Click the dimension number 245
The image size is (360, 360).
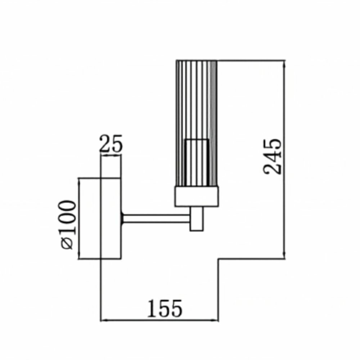[x=272, y=156]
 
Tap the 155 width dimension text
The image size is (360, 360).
[x=165, y=309]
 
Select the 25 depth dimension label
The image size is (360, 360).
[x=111, y=144]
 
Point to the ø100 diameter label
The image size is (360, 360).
[x=67, y=225]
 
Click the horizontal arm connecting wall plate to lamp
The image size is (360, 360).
[x=156, y=219]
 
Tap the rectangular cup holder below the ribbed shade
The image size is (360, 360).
[x=197, y=197]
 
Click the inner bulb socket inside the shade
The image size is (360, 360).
[x=197, y=163]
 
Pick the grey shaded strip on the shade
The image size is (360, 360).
[x=214, y=123]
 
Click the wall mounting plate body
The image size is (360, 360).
[x=111, y=219]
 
